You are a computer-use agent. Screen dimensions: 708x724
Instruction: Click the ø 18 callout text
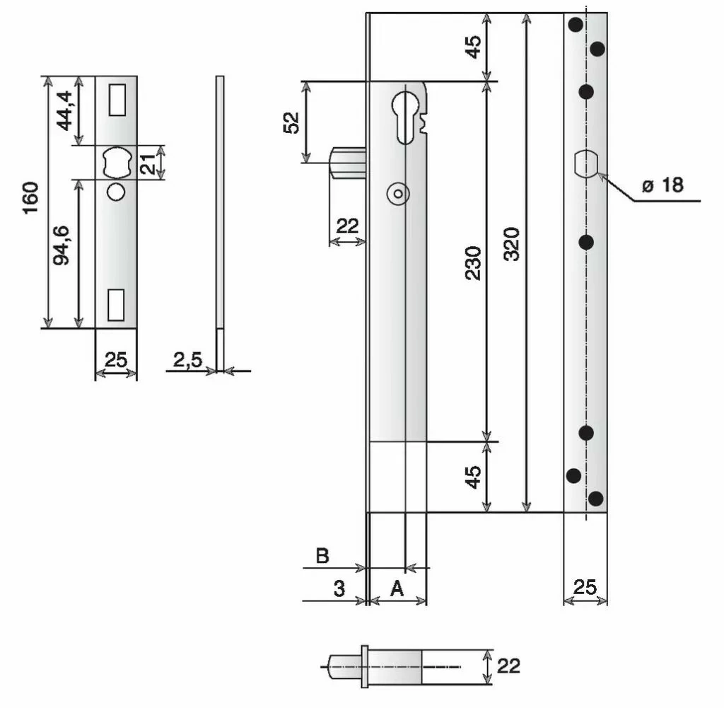click(662, 185)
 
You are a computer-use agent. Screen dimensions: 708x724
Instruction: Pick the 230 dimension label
click(474, 263)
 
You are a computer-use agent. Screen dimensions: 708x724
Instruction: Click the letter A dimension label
click(397, 589)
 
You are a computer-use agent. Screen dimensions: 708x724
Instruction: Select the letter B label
click(322, 556)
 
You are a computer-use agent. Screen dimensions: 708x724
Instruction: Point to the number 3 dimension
click(340, 589)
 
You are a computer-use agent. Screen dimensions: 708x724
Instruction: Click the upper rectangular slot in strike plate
click(116, 99)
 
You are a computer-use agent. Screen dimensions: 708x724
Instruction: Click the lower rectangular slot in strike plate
click(116, 304)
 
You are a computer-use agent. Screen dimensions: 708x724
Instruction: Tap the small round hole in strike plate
click(115, 191)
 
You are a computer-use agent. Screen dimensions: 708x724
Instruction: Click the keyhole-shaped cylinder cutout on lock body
click(404, 113)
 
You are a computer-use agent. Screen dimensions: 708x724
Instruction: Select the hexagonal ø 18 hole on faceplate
click(585, 164)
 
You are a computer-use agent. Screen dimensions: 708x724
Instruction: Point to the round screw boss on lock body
click(397, 193)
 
